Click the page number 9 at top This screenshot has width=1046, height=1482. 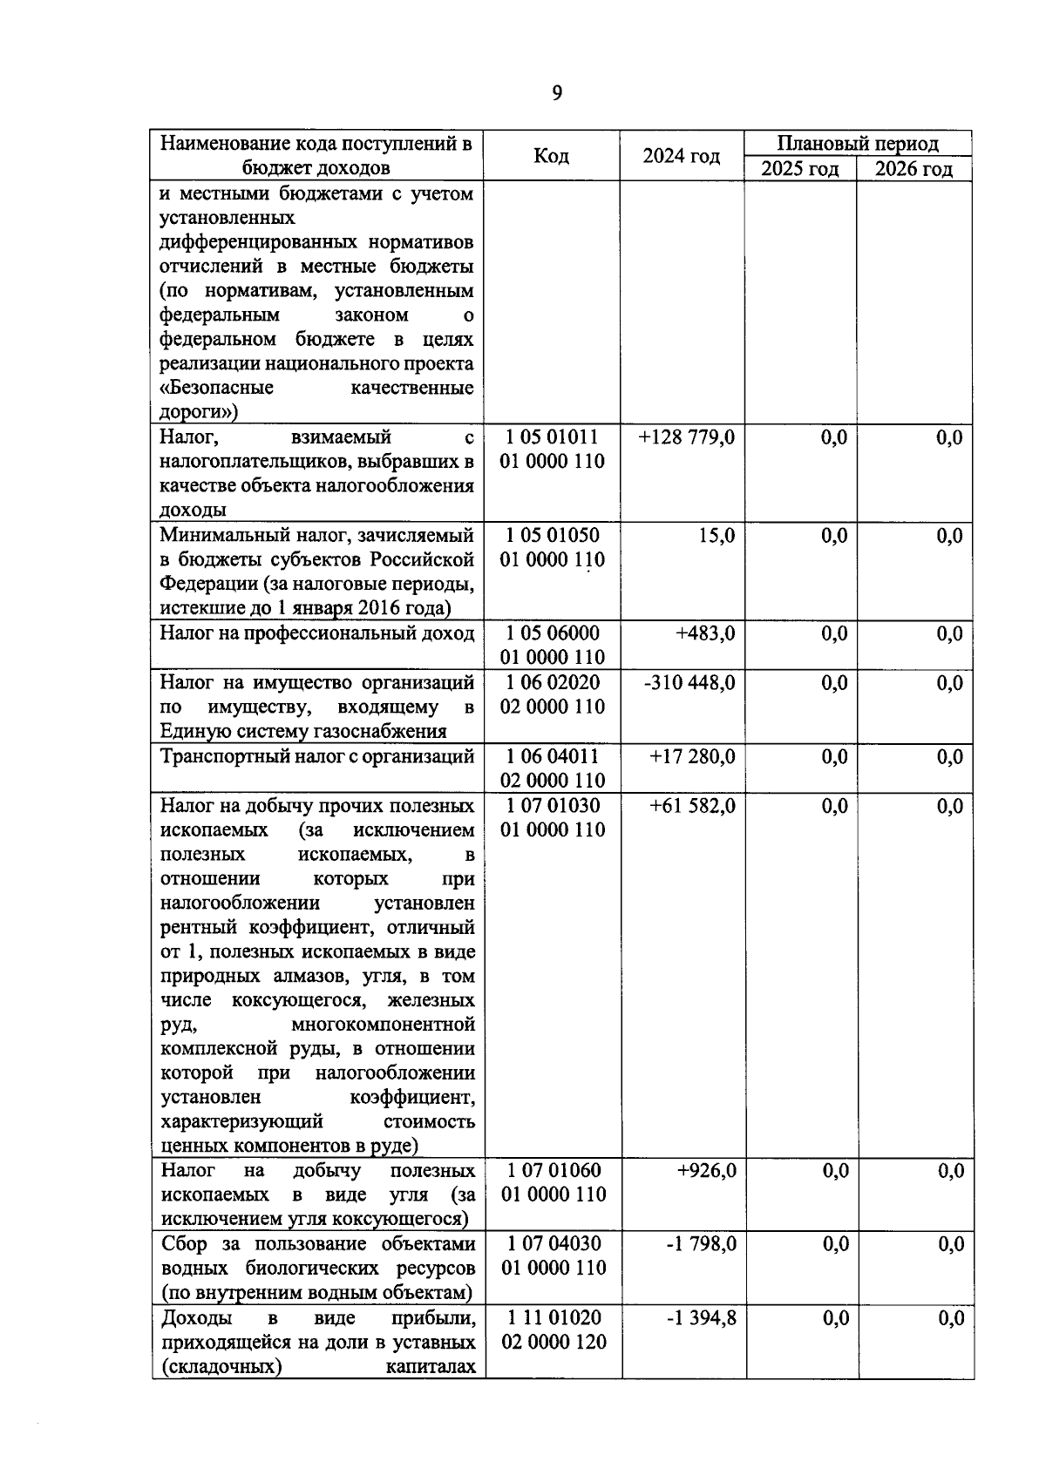(x=557, y=93)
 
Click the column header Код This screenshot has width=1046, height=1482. (x=551, y=156)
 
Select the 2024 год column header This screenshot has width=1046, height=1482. (x=681, y=156)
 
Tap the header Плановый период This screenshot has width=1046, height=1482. (x=858, y=144)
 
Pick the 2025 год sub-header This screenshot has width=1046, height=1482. (x=799, y=169)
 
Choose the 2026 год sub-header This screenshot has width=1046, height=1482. (x=914, y=169)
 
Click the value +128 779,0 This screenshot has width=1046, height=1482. (x=687, y=437)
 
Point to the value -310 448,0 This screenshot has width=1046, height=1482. (x=689, y=683)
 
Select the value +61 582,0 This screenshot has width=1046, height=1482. (x=692, y=806)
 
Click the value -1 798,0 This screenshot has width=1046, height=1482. (x=701, y=1244)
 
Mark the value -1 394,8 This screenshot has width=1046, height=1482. (x=701, y=1318)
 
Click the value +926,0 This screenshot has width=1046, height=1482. (x=706, y=1171)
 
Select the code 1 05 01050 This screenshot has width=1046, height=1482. (x=553, y=535)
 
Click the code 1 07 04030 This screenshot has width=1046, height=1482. (x=554, y=1244)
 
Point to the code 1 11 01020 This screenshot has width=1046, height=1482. (x=554, y=1318)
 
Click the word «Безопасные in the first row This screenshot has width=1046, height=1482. (x=217, y=388)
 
